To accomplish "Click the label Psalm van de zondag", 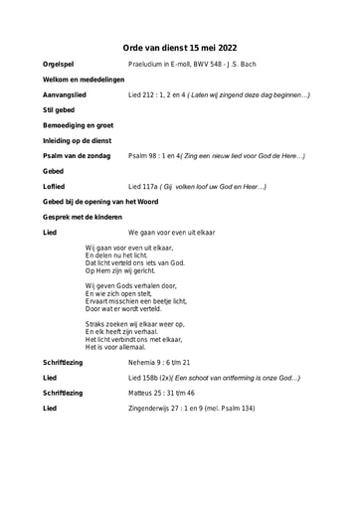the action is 77,156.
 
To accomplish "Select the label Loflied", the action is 55,186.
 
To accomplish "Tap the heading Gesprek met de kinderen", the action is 83,217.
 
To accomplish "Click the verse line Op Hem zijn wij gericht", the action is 120,270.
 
